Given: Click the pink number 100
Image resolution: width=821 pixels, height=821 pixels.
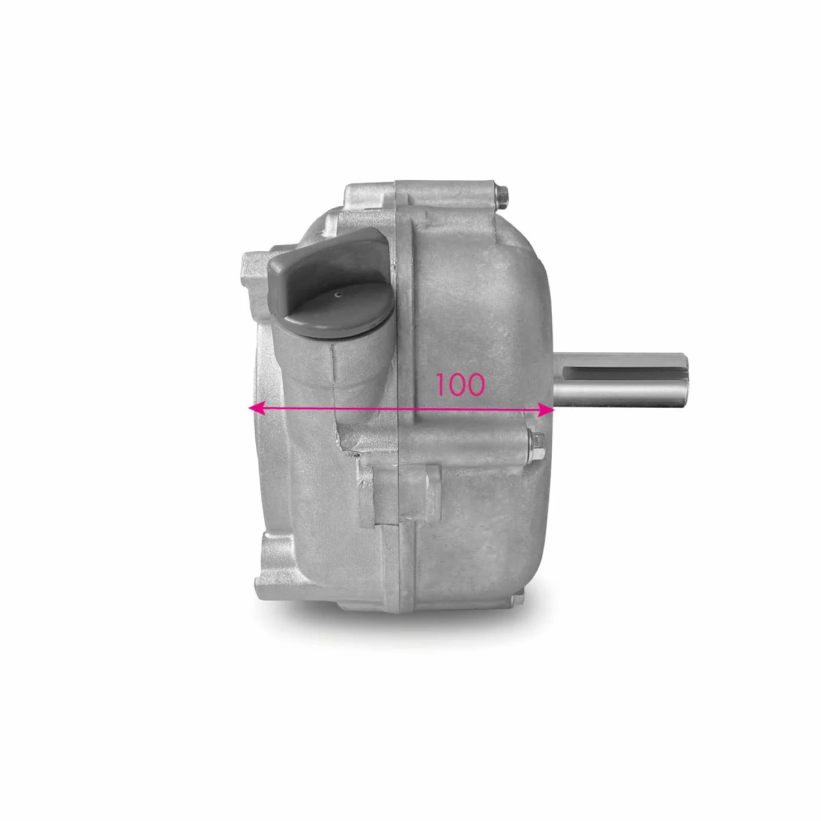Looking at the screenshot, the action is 460,385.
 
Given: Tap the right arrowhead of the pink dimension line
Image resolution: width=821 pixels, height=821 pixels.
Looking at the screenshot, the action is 547,410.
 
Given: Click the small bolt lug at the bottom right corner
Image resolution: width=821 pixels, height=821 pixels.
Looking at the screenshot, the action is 517,600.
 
